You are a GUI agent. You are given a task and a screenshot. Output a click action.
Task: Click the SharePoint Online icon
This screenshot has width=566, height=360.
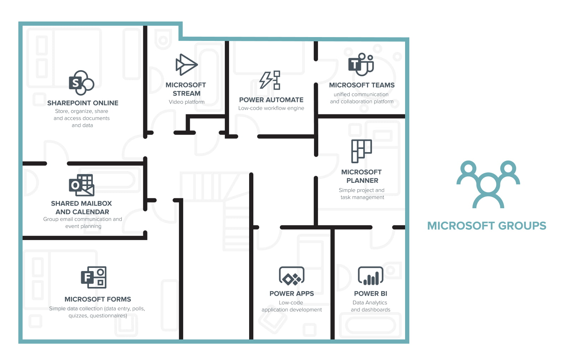(81, 83)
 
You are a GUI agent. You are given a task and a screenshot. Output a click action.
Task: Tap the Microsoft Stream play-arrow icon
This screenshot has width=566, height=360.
(186, 65)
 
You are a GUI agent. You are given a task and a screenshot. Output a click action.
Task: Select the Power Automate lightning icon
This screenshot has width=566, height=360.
(270, 80)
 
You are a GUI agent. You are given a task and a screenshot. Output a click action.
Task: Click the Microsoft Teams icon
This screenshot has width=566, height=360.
(361, 65)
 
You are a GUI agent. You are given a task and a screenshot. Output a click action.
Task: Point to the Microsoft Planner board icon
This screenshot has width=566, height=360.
(361, 151)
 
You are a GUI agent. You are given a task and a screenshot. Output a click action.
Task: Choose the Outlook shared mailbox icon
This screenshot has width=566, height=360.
(82, 185)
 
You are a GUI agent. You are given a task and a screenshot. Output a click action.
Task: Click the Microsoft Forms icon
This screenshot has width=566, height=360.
(94, 277)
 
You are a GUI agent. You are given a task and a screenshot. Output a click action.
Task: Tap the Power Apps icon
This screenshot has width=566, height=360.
(291, 276)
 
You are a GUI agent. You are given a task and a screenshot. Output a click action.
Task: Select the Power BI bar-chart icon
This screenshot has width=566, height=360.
(371, 276)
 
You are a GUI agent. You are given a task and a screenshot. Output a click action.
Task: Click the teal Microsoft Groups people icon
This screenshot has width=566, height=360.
(488, 184)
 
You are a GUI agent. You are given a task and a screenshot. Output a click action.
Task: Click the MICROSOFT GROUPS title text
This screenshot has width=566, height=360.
(487, 226)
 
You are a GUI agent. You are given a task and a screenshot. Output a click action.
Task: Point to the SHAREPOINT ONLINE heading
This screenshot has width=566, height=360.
(83, 103)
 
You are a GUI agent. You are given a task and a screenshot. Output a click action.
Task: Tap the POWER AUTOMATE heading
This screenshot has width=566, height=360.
(271, 100)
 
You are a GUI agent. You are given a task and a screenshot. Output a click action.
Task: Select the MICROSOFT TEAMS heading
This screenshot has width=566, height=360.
(362, 85)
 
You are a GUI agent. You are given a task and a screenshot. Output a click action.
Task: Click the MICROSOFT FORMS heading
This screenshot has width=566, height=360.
(98, 299)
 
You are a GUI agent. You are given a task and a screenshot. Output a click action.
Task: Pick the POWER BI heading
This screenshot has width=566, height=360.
(371, 294)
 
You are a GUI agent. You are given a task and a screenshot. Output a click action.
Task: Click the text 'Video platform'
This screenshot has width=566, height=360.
(187, 102)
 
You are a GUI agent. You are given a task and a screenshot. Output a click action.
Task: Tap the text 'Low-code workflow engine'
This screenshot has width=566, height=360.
(271, 108)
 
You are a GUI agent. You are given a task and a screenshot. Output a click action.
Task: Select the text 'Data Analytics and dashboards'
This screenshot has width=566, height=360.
(370, 306)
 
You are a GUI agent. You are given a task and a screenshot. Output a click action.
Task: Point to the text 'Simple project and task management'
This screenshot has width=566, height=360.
(362, 194)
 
